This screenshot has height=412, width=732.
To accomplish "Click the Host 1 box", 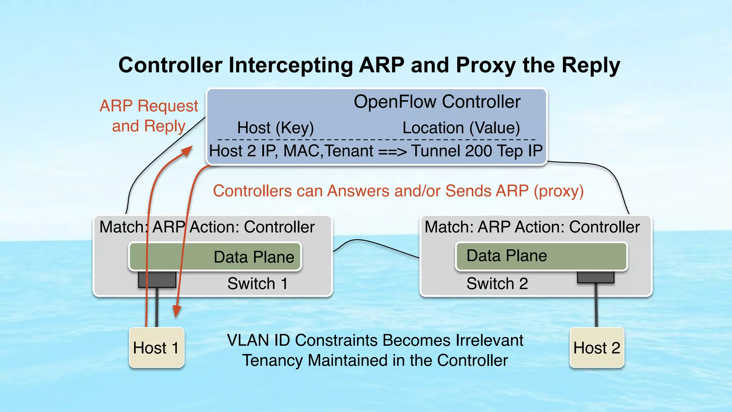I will (157, 348).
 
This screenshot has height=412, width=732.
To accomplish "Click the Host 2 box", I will (597, 348).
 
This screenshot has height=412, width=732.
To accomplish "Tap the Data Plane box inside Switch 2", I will (541, 256).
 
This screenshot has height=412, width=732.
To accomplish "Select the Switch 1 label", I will (257, 284).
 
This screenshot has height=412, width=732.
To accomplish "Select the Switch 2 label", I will (497, 284).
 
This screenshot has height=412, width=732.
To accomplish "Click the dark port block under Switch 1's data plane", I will (157, 279).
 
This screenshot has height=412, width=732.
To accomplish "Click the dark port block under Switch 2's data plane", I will (595, 277).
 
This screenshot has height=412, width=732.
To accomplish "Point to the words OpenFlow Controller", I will (437, 102).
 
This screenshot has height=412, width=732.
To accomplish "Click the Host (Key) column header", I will (275, 128).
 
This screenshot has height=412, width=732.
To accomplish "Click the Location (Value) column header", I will (461, 128).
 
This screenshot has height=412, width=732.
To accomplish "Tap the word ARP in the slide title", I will (381, 65).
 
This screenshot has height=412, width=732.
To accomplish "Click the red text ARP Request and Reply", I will (149, 116).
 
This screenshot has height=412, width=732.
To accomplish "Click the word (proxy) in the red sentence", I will (559, 191).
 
